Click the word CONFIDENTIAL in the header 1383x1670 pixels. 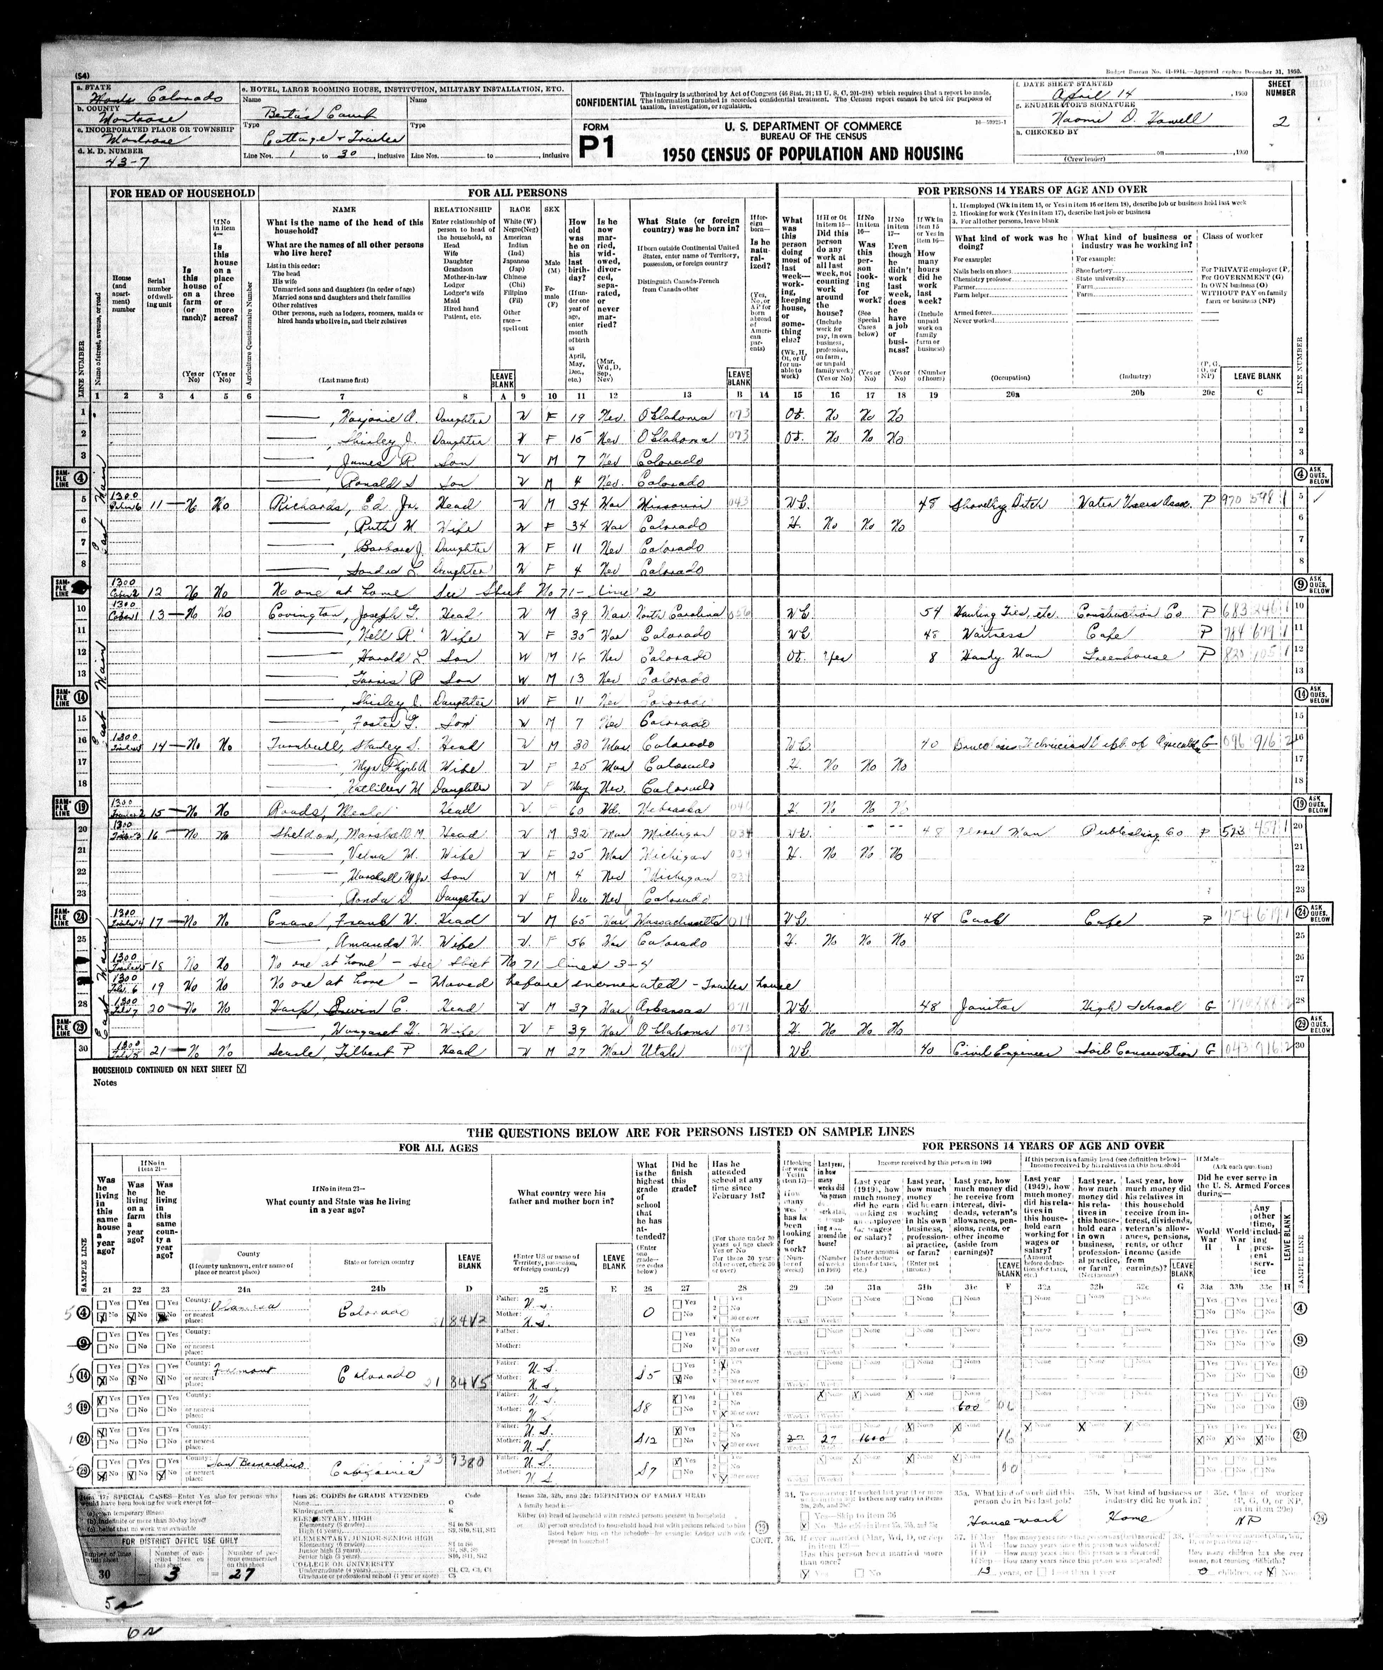605,102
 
